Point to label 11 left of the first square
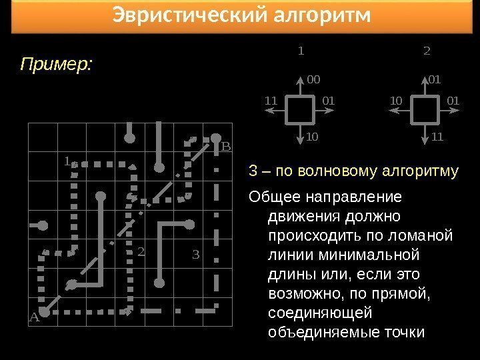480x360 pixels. [x=270, y=101]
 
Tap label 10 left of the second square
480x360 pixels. [x=396, y=101]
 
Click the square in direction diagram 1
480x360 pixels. [x=300, y=109]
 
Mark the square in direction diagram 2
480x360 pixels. [x=425, y=109]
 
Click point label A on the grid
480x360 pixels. [x=34, y=318]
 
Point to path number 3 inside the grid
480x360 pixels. [x=195, y=253]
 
